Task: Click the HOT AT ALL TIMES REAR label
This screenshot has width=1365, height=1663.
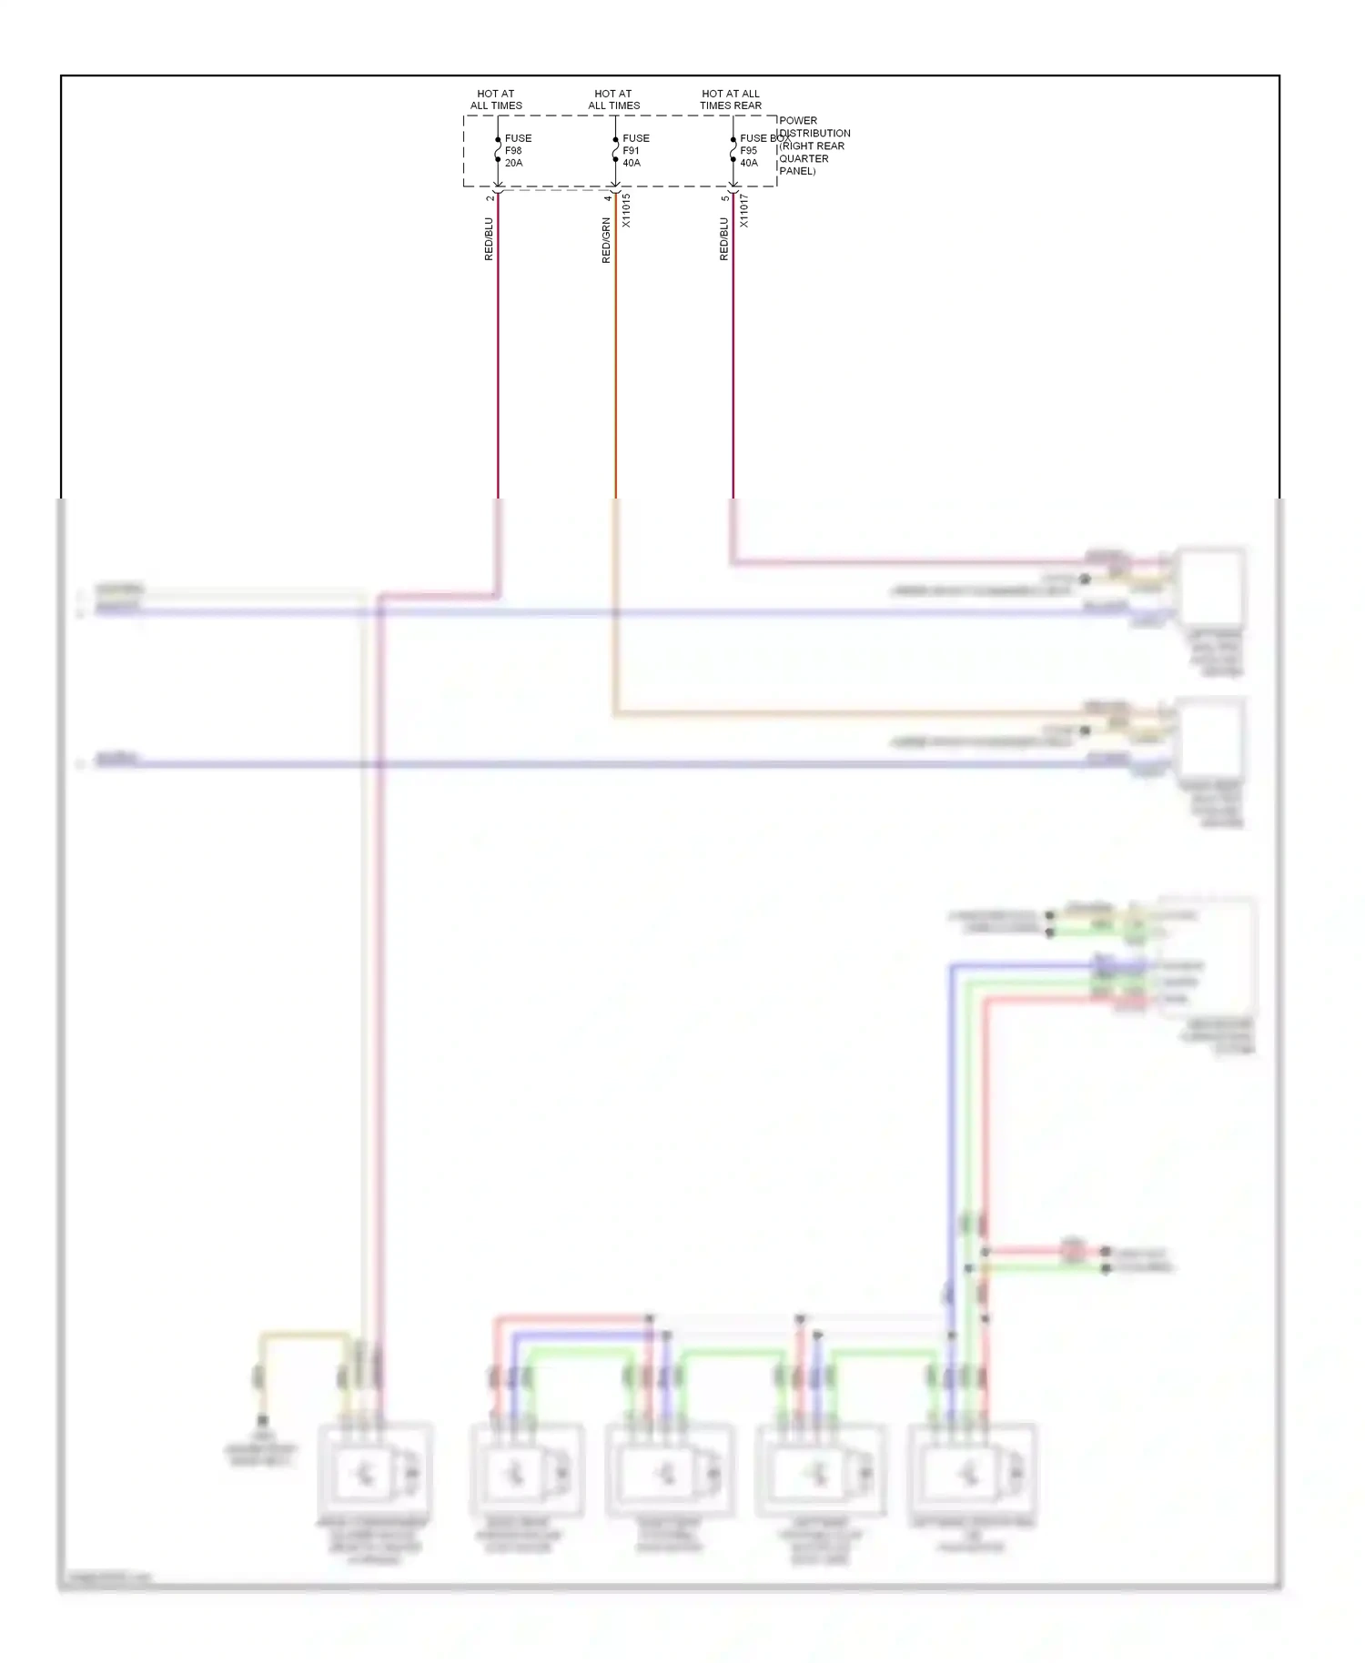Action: click(730, 99)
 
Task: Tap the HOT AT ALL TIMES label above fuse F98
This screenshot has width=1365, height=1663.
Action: click(496, 99)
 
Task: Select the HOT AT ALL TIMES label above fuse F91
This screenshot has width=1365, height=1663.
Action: click(613, 99)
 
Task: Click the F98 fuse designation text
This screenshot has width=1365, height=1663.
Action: click(513, 151)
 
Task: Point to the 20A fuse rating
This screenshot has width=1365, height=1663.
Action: click(514, 164)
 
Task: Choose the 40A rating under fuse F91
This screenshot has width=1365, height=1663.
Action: click(632, 164)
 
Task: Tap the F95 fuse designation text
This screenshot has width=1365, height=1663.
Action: click(748, 151)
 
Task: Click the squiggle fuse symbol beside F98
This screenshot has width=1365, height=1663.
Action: click(498, 149)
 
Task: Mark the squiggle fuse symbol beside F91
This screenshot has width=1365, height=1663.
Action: click(615, 149)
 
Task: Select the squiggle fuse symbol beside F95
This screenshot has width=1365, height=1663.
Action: click(733, 149)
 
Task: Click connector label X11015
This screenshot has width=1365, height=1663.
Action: click(626, 210)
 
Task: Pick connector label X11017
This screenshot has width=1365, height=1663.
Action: click(743, 210)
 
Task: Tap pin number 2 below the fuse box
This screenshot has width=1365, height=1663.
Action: click(490, 197)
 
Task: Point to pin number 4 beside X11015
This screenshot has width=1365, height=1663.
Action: click(607, 197)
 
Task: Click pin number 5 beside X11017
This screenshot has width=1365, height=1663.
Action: click(724, 197)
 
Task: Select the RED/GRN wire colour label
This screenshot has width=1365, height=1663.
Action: click(606, 240)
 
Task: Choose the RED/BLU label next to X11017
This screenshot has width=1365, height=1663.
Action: click(723, 239)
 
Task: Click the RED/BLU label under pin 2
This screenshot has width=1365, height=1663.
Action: click(489, 239)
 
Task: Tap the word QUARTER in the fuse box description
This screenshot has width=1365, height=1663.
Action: click(804, 158)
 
